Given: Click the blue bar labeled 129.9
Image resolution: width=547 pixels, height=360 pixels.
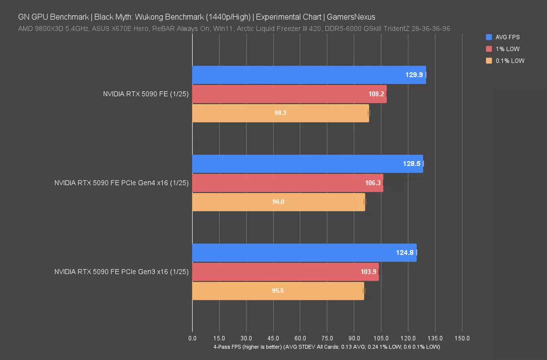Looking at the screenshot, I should tap(309, 75).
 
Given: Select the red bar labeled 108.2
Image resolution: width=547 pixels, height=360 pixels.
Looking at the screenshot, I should tap(289, 94).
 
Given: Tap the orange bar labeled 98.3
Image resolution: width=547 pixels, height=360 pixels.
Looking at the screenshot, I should tap(281, 113).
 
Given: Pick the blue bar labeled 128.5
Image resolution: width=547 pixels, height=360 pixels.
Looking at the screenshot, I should tap(307, 164).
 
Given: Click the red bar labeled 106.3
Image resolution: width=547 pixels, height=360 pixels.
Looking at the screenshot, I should tap(287, 183).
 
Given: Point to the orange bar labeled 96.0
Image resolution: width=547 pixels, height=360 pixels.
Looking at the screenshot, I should tap(279, 202).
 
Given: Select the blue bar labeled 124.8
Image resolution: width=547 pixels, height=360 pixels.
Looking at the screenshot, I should tap(304, 252).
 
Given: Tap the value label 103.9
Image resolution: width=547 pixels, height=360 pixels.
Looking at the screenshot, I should tap(368, 272).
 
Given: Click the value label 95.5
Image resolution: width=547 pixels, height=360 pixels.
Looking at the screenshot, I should tap(278, 291).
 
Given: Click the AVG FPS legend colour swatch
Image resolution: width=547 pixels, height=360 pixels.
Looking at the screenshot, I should tap(489, 37).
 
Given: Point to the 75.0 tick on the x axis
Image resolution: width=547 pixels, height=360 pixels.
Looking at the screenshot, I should tap(327, 338).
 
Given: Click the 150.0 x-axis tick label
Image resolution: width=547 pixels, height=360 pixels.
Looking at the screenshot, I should tap(462, 338).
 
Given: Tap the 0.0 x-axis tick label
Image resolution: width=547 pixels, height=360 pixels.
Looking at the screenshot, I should tap(192, 338).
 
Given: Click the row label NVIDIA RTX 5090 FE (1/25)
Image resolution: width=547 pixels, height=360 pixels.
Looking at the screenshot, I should tap(146, 94).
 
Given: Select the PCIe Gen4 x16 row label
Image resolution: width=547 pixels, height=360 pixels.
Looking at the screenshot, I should tap(121, 183).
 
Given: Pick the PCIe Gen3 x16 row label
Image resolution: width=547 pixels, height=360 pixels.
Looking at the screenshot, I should tap(121, 272).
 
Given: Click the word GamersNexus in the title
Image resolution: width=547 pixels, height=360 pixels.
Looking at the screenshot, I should tap(351, 17).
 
